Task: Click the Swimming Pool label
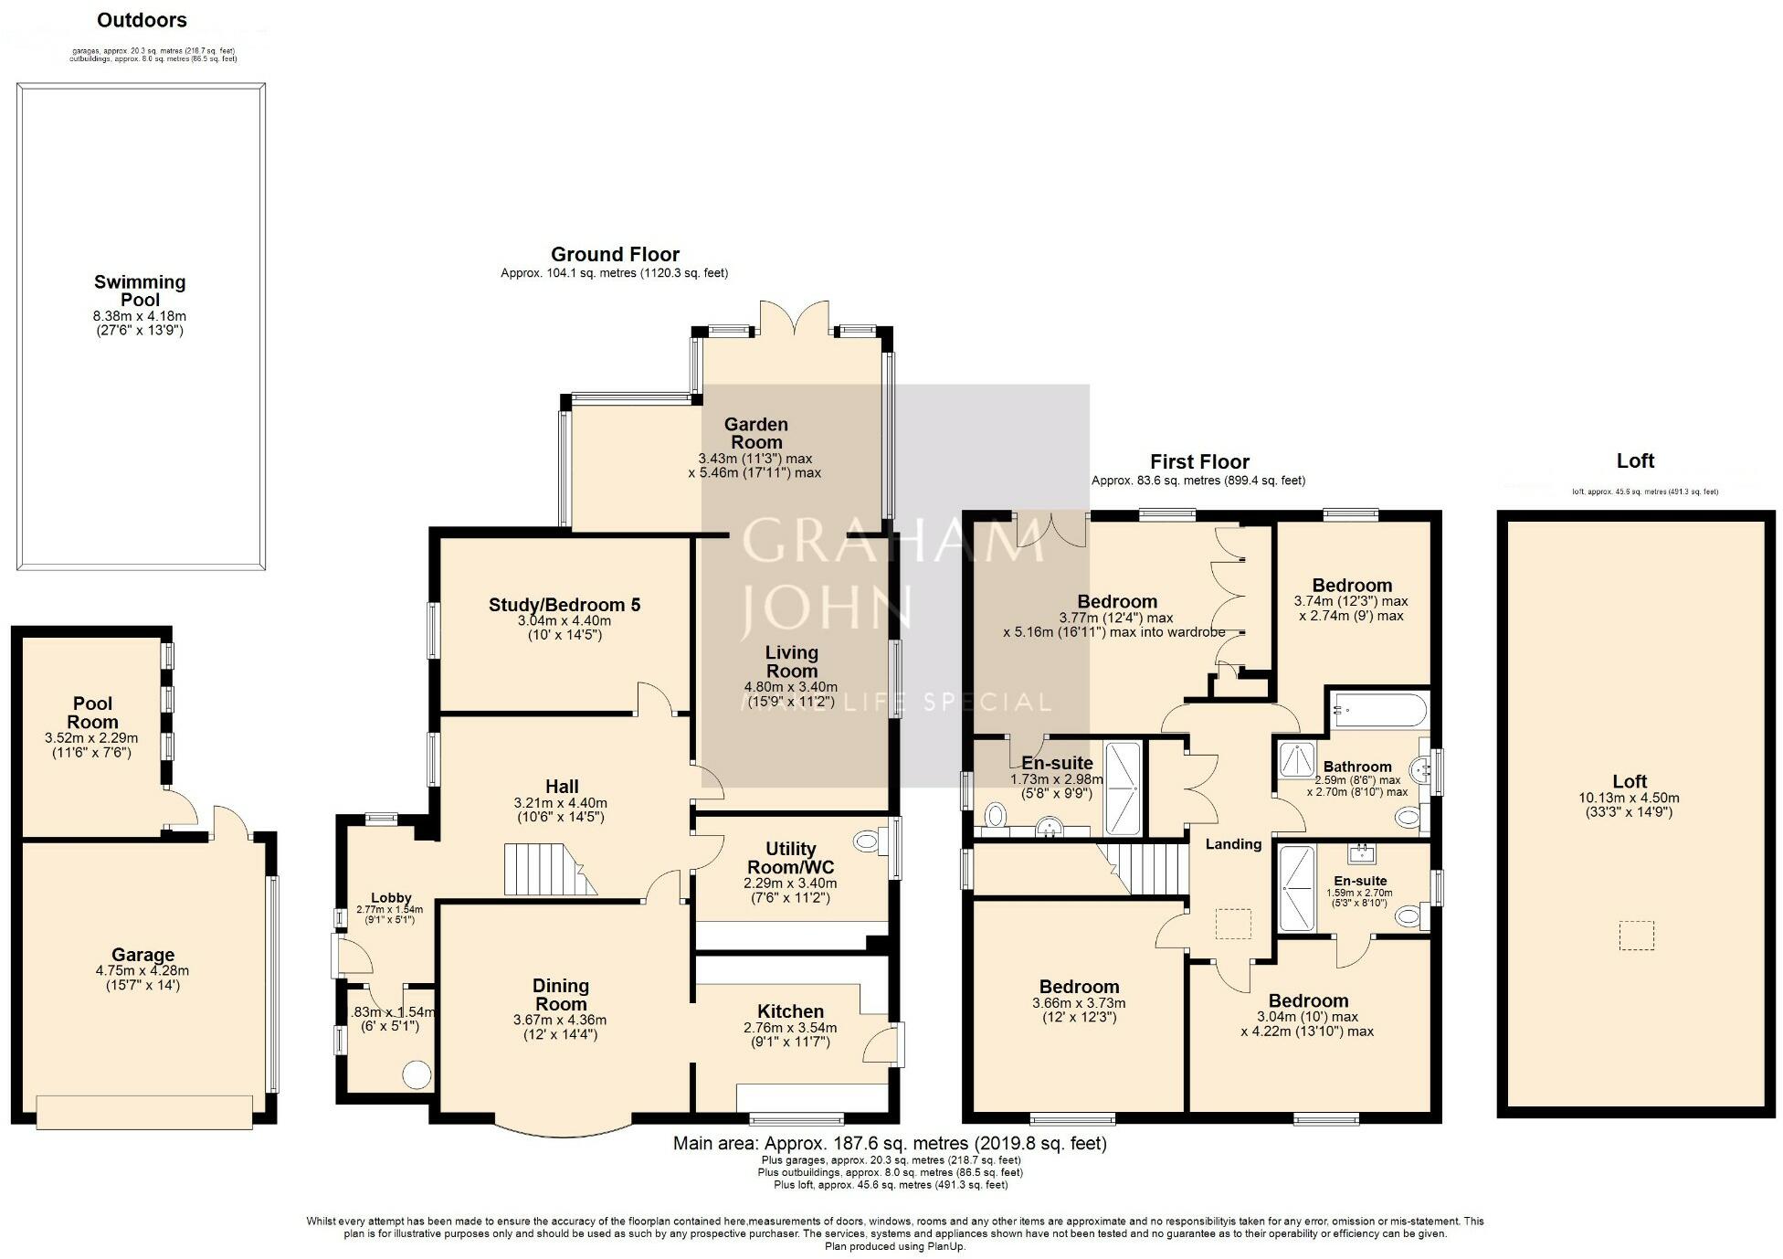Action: tap(140, 291)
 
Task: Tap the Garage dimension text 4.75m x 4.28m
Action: tap(142, 970)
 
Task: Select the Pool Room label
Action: tap(92, 713)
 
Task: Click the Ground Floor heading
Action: tap(615, 254)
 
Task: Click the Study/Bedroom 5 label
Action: tap(564, 604)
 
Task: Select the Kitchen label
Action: tap(790, 1010)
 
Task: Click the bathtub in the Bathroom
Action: tap(1378, 707)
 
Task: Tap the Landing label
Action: tap(1233, 843)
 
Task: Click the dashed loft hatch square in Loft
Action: tap(1636, 936)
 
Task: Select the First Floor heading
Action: tap(1198, 461)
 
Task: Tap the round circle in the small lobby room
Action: tap(417, 1074)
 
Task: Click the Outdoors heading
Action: tap(142, 20)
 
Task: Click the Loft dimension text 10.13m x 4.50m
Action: tap(1629, 798)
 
